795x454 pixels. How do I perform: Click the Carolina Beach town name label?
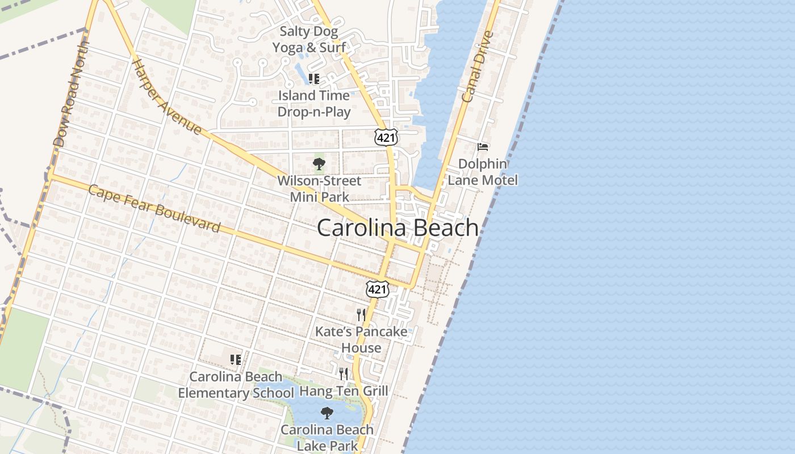tap(397, 228)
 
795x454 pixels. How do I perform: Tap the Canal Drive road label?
tap(475, 66)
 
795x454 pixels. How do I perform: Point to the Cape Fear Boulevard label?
tap(154, 208)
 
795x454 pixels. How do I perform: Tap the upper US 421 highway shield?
tap(386, 137)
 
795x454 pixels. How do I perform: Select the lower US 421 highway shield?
tap(377, 289)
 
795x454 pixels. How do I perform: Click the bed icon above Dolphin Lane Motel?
tap(483, 147)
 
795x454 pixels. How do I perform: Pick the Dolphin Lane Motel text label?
tap(483, 172)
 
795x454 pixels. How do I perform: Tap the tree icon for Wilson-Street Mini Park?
tap(319, 164)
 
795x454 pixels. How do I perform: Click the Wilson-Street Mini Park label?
tap(319, 189)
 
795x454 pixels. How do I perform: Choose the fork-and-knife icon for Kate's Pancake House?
tap(361, 315)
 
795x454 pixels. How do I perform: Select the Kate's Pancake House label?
tap(361, 339)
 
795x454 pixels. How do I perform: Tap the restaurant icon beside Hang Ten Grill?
tap(344, 373)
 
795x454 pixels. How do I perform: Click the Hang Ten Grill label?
tap(344, 391)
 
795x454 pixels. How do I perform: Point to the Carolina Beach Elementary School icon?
tap(235, 359)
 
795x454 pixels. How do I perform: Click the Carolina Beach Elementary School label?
tap(236, 385)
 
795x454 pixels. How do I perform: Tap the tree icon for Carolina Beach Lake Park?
tap(327, 413)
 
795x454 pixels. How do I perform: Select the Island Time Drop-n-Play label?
tap(314, 103)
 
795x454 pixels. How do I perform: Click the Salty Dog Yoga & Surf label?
tap(309, 39)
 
